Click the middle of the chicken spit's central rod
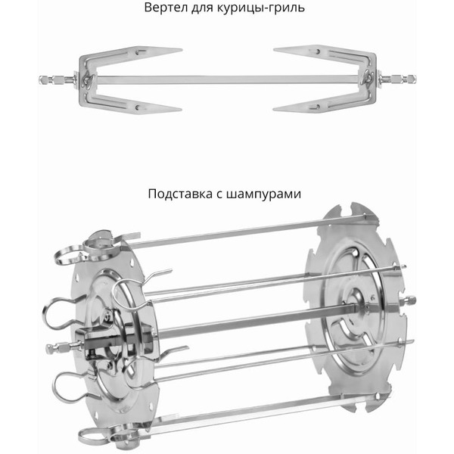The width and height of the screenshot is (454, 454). (x=227, y=79)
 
